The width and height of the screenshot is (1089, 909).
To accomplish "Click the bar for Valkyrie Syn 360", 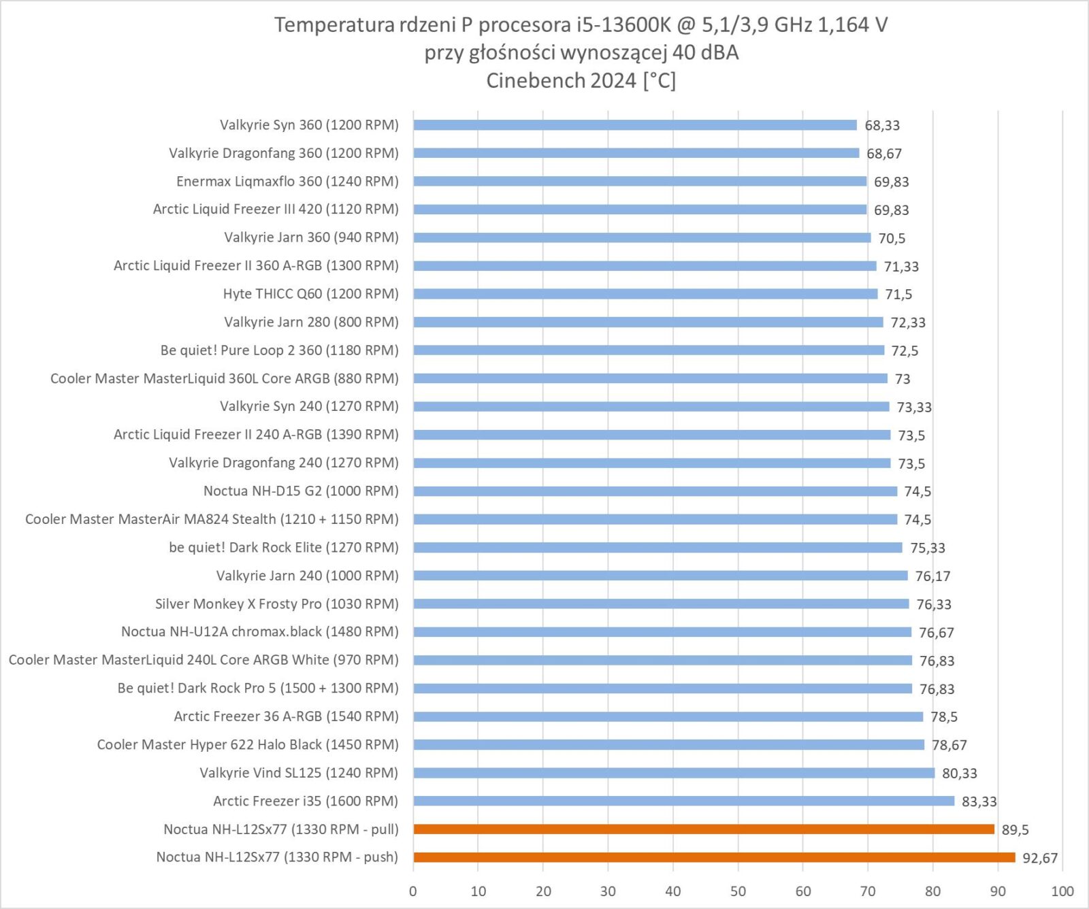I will (x=634, y=125).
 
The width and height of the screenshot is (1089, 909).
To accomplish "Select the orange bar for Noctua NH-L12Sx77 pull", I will (x=704, y=829).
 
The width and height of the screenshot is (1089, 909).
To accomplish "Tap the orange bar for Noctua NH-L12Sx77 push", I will (x=714, y=857).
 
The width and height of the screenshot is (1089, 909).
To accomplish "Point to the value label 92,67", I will (x=1040, y=858).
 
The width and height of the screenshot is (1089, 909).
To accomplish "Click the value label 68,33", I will (x=882, y=125).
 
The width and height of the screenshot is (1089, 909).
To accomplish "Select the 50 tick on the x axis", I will (x=738, y=891).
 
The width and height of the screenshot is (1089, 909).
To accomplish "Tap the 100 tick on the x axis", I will (x=1062, y=891).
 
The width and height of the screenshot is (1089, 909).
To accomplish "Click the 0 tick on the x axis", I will (x=413, y=891).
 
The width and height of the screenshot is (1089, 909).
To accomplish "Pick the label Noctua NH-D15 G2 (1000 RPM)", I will (x=301, y=491).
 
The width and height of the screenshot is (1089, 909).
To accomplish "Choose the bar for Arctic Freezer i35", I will (x=683, y=801).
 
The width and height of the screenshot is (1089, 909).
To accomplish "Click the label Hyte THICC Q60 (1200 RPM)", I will (x=310, y=294).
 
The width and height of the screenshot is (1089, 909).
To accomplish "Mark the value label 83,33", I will (x=979, y=801).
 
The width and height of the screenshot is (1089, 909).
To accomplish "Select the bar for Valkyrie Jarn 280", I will (x=648, y=322).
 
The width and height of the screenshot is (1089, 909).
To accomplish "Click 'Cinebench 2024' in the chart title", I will (x=561, y=80).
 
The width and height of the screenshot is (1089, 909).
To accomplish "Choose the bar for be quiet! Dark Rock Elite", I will (x=657, y=548).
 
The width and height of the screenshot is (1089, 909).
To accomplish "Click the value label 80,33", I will (x=959, y=774).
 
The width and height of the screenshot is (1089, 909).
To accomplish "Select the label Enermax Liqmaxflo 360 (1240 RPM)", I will (x=287, y=182).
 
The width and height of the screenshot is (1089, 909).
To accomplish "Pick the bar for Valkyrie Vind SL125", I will (x=674, y=773).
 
